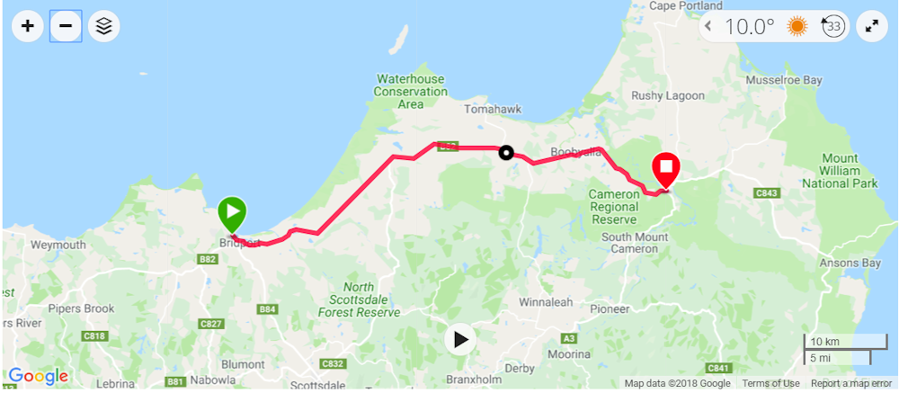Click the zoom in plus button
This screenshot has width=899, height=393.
click(28, 26)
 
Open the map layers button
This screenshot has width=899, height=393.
click(104, 26)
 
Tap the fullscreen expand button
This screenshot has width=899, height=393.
click(871, 26)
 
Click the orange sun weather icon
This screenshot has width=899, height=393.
click(797, 26)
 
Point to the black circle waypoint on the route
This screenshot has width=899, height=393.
click(507, 153)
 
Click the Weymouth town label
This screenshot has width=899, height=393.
click(58, 245)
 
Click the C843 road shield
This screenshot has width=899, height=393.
click(766, 192)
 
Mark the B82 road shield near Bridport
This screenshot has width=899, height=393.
click(209, 259)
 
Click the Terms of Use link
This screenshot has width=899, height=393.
click(770, 384)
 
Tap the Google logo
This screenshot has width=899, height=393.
click(38, 376)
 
